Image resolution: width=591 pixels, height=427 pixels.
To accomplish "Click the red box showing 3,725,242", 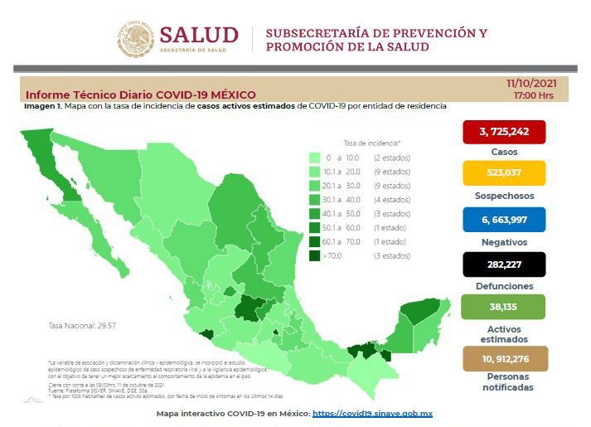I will point(504,131).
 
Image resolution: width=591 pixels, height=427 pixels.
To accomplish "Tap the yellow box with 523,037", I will point(504,173).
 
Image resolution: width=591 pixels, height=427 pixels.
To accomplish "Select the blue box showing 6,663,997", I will point(504,219).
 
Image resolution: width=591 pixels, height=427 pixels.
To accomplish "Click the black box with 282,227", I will point(504,264).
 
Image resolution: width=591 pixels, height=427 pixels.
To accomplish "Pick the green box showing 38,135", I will point(504,306).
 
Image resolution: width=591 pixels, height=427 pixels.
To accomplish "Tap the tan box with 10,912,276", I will point(504,358).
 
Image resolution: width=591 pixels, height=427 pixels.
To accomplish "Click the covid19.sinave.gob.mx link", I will point(372,413).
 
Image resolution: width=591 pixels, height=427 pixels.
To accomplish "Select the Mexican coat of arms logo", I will point(135,40).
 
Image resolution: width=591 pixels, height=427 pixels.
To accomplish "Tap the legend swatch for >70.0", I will point(314,255).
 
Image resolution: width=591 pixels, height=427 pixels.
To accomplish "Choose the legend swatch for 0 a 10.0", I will point(314,157).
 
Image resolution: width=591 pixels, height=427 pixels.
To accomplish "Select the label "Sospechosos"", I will point(504,197).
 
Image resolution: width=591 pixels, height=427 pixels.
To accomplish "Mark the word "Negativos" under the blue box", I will point(504,241).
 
